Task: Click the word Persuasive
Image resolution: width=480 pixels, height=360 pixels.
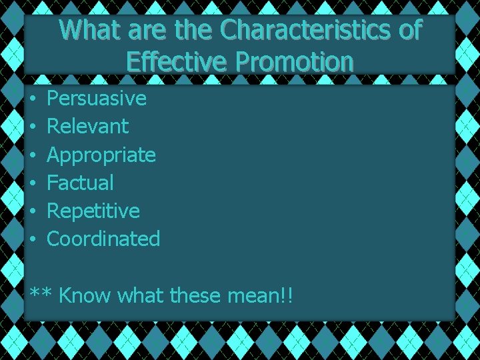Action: point(97,99)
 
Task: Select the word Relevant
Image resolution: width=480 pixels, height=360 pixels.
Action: point(88,126)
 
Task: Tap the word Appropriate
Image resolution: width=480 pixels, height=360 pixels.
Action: point(101,155)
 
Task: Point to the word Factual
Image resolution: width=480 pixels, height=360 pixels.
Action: point(80,182)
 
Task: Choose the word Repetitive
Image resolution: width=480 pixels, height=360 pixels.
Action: point(93,211)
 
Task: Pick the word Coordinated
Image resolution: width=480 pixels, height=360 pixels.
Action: point(103,239)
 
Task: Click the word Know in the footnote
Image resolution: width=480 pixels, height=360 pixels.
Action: point(85,295)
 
